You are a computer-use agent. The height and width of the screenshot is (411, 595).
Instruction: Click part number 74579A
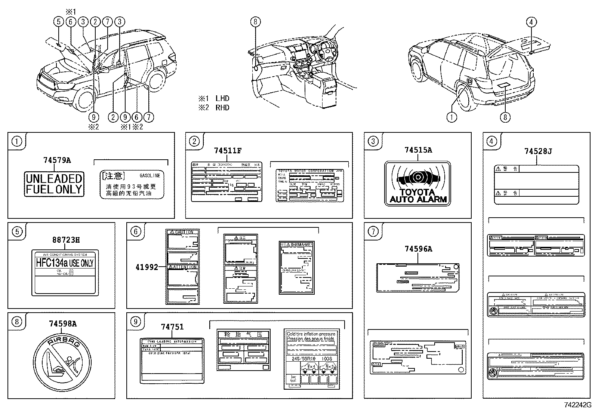pyautogui.click(x=57, y=160)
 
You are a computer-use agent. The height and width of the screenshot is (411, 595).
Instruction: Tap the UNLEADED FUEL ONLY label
pyautogui.click(x=54, y=184)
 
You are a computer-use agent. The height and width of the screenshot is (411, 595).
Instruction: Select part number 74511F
pyautogui.click(x=228, y=151)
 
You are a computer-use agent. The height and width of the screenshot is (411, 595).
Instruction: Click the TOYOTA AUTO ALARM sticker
pyautogui.click(x=418, y=184)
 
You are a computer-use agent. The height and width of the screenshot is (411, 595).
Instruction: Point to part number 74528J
pyautogui.click(x=537, y=151)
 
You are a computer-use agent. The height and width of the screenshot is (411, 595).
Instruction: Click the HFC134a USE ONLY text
pyautogui.click(x=64, y=263)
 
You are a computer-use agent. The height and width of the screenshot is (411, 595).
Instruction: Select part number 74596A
pyautogui.click(x=418, y=249)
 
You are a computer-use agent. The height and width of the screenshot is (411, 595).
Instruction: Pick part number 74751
pyautogui.click(x=172, y=327)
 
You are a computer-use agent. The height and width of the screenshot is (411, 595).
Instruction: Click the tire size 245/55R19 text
pyautogui.click(x=298, y=359)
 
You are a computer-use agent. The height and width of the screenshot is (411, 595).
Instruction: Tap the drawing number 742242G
pyautogui.click(x=578, y=405)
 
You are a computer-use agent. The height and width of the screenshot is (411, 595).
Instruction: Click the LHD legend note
pyautogui.click(x=214, y=99)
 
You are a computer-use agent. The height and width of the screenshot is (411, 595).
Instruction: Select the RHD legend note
pyautogui.click(x=214, y=108)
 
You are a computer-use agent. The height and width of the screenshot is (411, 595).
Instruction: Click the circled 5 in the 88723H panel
pyautogui.click(x=17, y=232)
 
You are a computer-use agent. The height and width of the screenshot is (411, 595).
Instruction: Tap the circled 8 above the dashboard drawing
pyautogui.click(x=255, y=22)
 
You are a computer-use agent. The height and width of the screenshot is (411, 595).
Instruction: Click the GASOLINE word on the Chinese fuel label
pyautogui.click(x=149, y=175)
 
